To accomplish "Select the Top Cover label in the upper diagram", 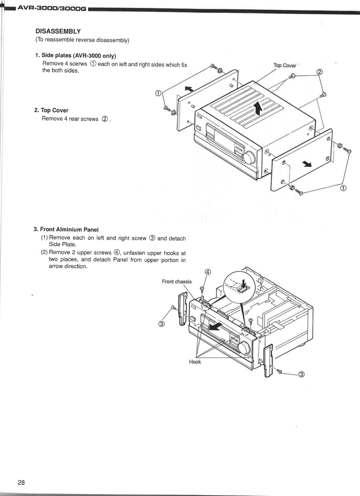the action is pos(285,65).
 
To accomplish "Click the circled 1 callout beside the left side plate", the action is pos(158,93).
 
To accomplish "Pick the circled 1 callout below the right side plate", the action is pos(343,189).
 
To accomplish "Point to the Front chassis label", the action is pos(177,282).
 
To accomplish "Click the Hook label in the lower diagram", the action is pos(195,361).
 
